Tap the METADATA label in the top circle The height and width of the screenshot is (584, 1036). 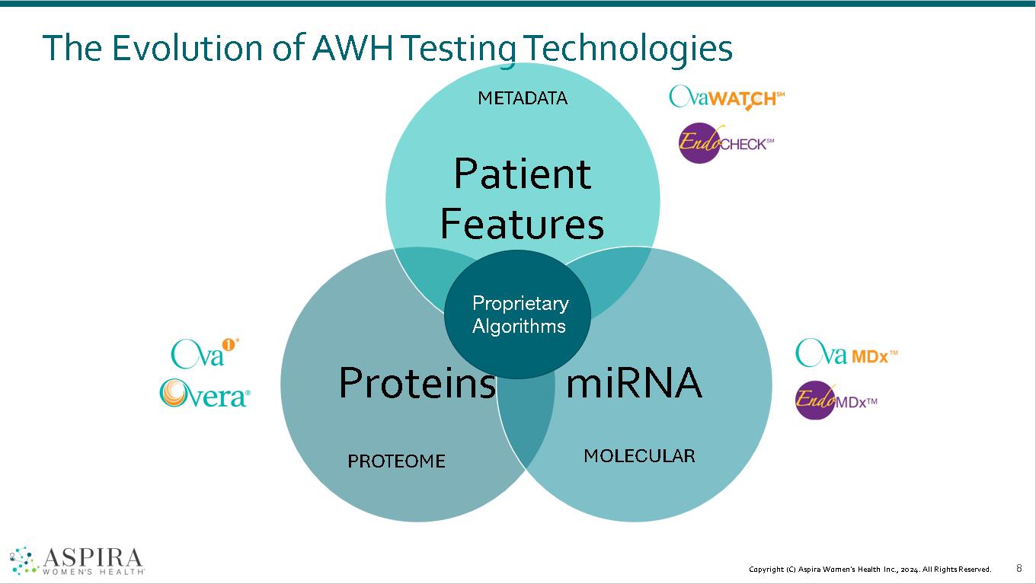click(523, 97)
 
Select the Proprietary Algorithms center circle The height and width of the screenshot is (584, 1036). click(518, 314)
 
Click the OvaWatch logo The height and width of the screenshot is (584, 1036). click(726, 97)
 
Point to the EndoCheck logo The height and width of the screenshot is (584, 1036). click(725, 142)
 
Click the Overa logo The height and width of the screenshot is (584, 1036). click(204, 394)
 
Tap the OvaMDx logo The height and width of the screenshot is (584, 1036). click(846, 353)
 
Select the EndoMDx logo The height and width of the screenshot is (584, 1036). click(836, 399)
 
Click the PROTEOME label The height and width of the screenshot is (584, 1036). click(396, 461)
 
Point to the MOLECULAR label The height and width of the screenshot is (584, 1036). click(639, 455)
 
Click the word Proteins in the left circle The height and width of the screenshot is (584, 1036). click(417, 382)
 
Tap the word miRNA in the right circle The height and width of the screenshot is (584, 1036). click(633, 382)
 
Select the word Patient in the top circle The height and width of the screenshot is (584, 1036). click(522, 174)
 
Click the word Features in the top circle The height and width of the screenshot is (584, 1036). click(522, 224)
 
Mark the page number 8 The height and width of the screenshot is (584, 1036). click(1019, 568)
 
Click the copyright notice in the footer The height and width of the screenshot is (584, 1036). click(870, 570)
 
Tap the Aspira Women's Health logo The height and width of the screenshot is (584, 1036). click(77, 560)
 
